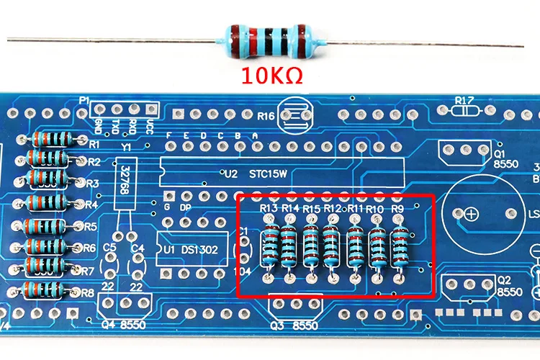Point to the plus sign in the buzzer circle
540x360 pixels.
(x=470, y=214)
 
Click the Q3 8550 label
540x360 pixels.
(x=293, y=325)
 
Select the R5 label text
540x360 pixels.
(x=90, y=226)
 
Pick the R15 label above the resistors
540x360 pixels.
(x=311, y=208)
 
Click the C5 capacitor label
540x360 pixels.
(x=110, y=248)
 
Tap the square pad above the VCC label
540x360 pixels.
(x=151, y=109)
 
